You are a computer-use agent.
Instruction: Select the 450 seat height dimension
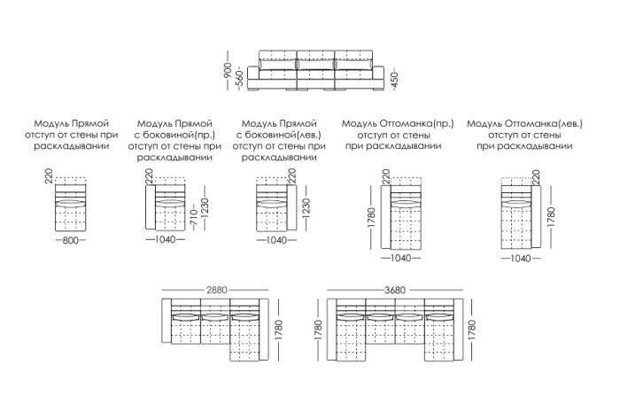394,81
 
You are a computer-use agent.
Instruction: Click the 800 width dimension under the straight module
70,240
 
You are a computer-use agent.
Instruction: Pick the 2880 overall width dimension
217,291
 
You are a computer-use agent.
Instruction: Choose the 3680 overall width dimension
395,291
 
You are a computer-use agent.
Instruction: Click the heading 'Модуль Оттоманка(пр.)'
398,124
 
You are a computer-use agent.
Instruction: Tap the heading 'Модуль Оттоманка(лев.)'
524,124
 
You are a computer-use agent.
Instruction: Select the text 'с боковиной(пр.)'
174,135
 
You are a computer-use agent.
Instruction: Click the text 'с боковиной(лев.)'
279,135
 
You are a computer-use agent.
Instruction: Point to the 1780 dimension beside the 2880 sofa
278,330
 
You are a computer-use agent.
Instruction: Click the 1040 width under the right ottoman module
400,258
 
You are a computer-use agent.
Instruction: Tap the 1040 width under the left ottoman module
521,259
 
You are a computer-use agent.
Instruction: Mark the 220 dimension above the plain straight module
49,176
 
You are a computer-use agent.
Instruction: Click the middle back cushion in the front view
315,65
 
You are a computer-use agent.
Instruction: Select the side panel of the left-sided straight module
291,207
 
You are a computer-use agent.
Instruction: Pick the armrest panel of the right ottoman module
386,217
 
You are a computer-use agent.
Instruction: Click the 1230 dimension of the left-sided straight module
306,208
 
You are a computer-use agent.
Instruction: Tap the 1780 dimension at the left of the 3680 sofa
318,330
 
